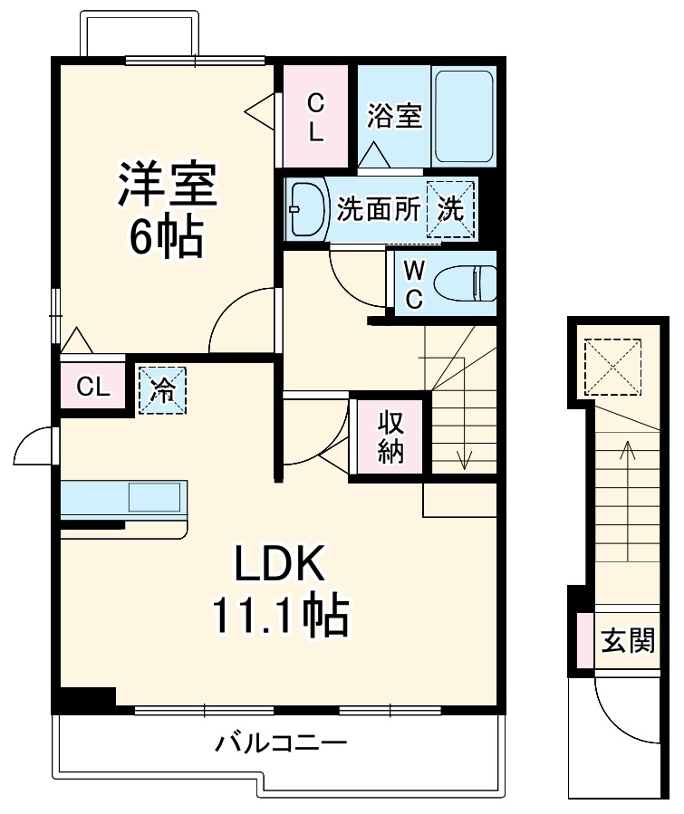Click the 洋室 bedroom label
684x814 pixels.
[x=168, y=184]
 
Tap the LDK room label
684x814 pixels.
[x=280, y=563]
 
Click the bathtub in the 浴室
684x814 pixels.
[x=464, y=116]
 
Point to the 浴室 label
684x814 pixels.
[x=394, y=115]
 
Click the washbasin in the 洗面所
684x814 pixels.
[x=307, y=209]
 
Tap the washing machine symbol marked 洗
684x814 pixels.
[x=450, y=209]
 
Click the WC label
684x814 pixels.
[x=414, y=284]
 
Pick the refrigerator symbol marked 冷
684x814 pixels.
[x=162, y=390]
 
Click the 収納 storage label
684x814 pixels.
[x=390, y=436]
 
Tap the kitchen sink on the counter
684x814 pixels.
[x=155, y=497]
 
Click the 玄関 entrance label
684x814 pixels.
[x=629, y=640]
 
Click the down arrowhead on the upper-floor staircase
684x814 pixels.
[x=464, y=460]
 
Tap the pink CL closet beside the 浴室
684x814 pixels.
[x=315, y=116]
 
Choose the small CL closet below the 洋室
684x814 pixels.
[x=93, y=387]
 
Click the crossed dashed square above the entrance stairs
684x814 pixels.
[x=612, y=367]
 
